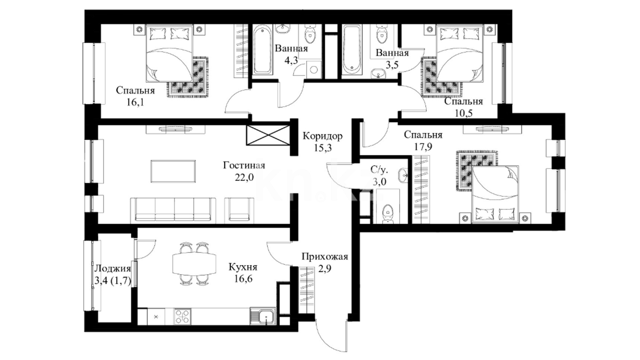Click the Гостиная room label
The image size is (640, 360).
point(244,166)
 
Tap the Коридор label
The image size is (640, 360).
point(322,136)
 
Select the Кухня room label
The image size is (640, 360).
point(243,267)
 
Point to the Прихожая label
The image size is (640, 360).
point(325,257)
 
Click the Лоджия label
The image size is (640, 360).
point(113,269)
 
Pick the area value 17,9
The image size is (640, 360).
point(423,147)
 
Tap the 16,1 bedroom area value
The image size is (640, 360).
point(135,102)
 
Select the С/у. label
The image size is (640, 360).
point(379,170)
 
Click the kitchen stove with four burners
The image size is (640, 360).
point(182,316)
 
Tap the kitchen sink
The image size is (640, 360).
point(263,316)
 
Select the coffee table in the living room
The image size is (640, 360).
point(173,171)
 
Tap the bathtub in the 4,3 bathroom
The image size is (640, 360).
point(262,50)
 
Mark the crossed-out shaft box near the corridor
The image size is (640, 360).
point(268,135)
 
